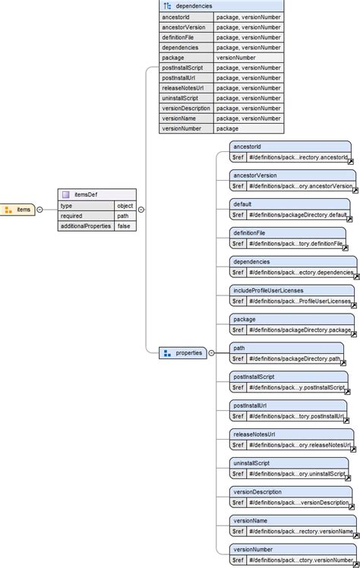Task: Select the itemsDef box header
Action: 96,194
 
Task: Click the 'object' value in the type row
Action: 125,205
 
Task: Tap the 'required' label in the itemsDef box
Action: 74,216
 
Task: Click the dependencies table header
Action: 221,5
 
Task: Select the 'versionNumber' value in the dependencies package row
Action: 236,57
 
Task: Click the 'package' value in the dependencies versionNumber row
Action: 227,128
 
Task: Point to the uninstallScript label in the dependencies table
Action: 181,98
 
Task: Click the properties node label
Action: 188,353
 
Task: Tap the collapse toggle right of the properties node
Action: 211,353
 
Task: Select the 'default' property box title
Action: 244,204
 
